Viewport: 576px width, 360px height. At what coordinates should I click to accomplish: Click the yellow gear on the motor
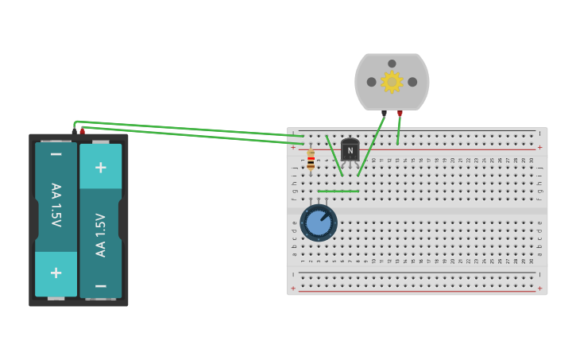pos(392,82)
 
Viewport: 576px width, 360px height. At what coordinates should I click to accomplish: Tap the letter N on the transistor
pos(350,150)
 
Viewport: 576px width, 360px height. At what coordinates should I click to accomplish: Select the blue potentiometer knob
pos(319,223)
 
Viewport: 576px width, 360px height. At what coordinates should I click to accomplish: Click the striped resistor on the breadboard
pos(311,159)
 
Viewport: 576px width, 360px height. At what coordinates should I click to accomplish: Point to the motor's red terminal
pos(400,114)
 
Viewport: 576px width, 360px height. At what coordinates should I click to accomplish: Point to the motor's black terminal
pos(384,114)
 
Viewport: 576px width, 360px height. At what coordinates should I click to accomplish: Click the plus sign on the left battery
pos(56,273)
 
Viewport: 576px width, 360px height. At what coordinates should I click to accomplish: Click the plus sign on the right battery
pos(101,167)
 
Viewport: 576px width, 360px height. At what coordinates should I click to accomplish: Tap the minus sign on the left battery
pos(56,154)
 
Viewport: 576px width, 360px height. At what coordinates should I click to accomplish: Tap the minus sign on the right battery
pos(101,285)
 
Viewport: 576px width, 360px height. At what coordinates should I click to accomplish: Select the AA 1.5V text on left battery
pos(56,205)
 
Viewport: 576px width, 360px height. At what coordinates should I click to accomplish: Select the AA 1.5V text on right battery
pos(101,234)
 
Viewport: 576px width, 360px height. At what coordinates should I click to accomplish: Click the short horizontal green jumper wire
pos(338,191)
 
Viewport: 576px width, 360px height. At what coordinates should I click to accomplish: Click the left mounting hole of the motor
pos(371,82)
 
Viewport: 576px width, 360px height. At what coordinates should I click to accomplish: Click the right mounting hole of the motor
pos(412,82)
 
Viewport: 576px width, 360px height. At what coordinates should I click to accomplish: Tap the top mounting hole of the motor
pos(392,64)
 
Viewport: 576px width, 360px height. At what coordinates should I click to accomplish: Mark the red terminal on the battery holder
pos(82,130)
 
